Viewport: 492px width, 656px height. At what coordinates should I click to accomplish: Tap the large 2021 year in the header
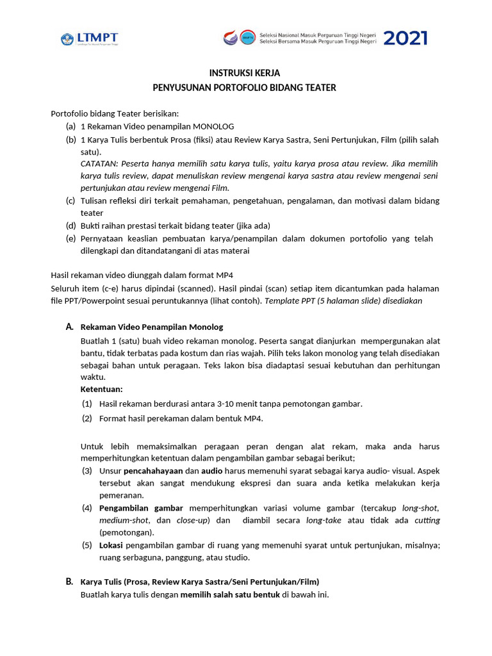point(406,38)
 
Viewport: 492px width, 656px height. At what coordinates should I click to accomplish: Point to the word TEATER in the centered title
point(320,88)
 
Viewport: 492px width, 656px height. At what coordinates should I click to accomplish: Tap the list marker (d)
point(70,225)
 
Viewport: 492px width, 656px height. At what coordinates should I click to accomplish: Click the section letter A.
point(69,327)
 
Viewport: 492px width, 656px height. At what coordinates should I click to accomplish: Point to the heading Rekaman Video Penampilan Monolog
point(152,327)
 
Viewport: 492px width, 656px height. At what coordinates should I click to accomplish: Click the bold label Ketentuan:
point(101,389)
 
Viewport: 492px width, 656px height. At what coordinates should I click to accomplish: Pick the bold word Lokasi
point(112,545)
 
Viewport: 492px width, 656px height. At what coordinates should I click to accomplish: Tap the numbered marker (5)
point(86,545)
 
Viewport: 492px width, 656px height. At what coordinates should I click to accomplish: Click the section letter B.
point(69,582)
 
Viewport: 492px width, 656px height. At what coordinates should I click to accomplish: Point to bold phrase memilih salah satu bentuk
point(230,594)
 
